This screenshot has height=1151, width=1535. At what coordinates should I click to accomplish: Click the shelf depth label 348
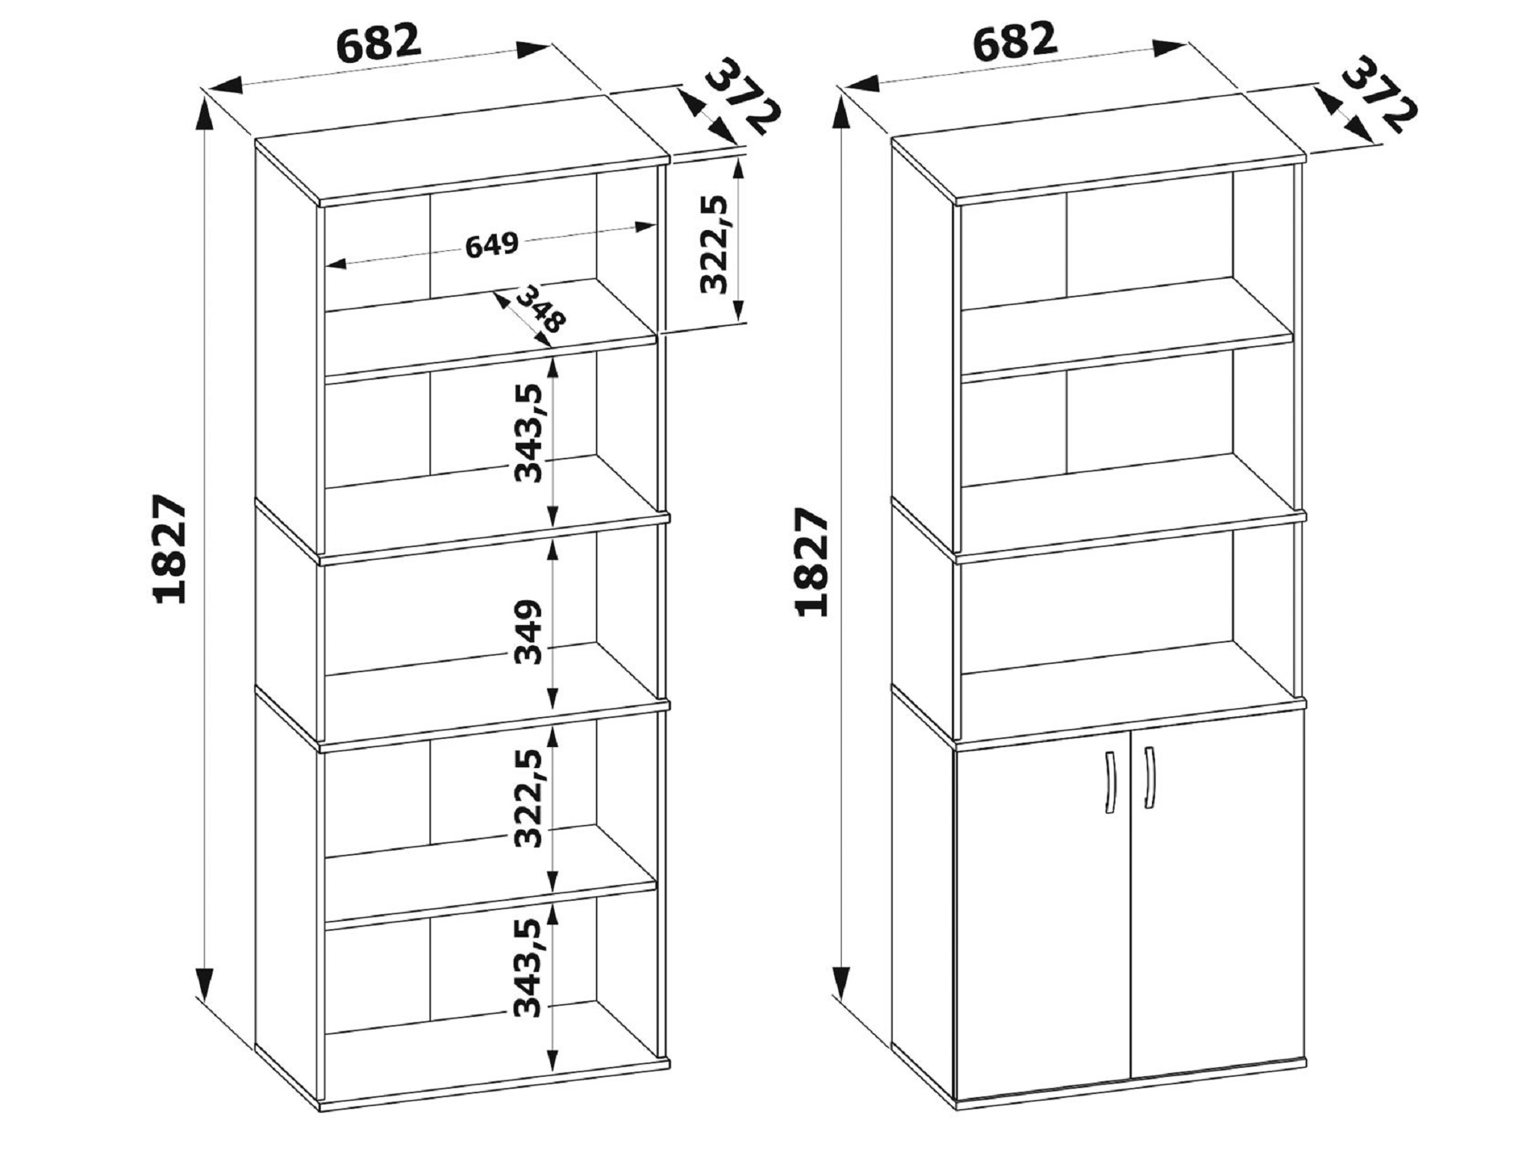coord(541,307)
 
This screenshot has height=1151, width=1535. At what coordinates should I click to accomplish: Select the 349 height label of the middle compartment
coord(528,631)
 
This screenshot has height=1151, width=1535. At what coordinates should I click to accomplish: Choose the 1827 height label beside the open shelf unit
coord(169,549)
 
